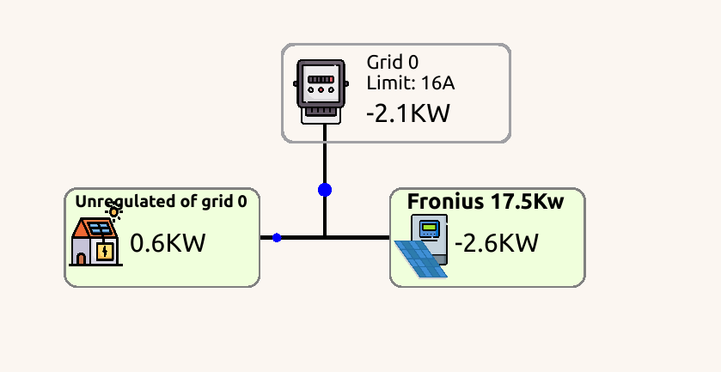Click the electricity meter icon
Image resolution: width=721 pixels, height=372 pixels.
click(321, 92)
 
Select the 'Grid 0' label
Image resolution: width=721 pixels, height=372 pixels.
click(393, 63)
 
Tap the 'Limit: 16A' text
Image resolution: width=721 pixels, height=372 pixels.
click(410, 83)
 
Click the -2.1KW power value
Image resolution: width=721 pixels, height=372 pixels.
click(407, 113)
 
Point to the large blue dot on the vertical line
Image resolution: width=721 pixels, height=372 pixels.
click(325, 190)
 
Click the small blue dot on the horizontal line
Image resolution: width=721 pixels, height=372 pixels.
click(277, 237)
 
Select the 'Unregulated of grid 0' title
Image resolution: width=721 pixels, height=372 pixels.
click(162, 201)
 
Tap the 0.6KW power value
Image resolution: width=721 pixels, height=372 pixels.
click(168, 243)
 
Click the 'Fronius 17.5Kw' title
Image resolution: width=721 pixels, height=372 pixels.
click(486, 202)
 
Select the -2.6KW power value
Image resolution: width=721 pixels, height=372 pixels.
click(496, 243)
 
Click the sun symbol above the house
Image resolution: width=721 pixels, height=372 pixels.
click(113, 212)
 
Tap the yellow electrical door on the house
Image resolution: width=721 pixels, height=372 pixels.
click(104, 253)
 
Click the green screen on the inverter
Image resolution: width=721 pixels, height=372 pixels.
click(430, 228)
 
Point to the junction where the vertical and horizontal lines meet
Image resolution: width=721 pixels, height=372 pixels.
click(325, 237)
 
